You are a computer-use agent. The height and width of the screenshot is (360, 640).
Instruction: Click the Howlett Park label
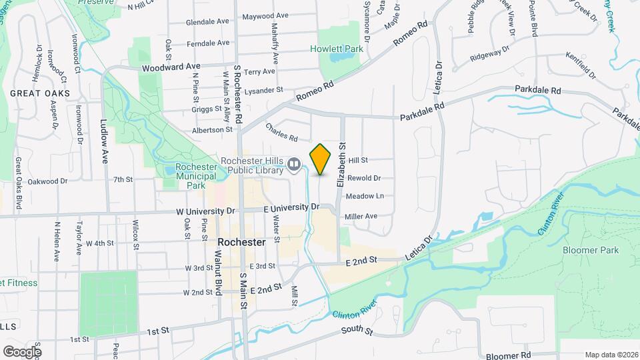pyautogui.click(x=337, y=49)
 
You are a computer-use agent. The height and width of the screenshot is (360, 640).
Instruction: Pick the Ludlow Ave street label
pyautogui.click(x=104, y=142)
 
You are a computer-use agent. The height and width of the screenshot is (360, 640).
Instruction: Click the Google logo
pyautogui.click(x=21, y=351)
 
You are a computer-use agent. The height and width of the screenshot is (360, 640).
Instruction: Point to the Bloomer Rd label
pyautogui.click(x=508, y=356)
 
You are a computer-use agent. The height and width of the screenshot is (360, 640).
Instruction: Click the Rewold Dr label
pyautogui.click(x=363, y=178)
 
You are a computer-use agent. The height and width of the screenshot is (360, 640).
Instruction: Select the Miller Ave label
pyautogui.click(x=361, y=216)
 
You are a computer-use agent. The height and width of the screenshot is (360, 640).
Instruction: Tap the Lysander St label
pyautogui.click(x=264, y=90)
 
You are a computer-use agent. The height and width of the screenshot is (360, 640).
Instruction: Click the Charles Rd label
pyautogui.click(x=281, y=132)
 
